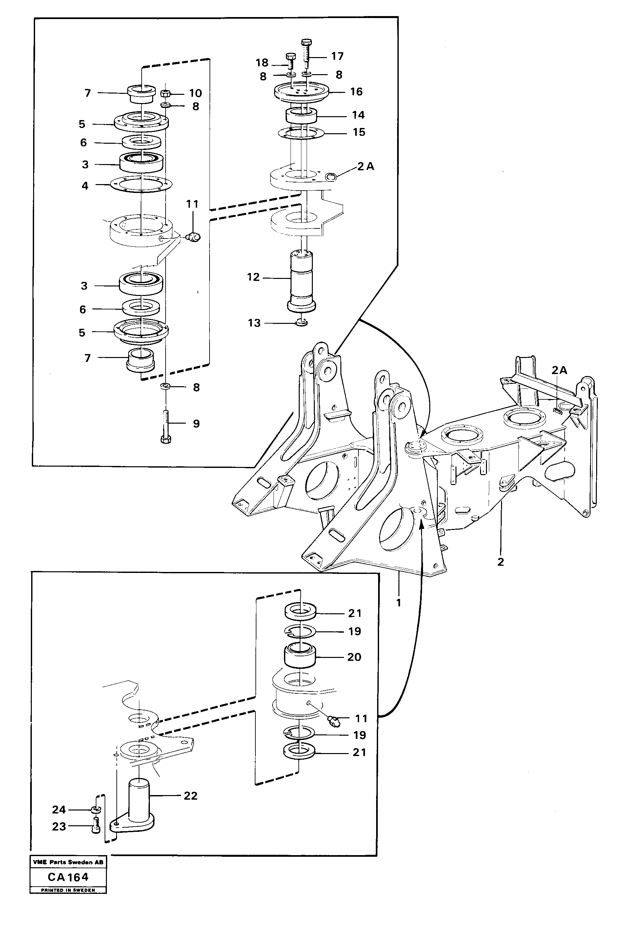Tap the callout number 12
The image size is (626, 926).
pos(253,277)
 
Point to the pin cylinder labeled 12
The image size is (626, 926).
pos(301,279)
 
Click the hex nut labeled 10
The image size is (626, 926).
pos(166,94)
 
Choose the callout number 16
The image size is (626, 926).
pos(356,92)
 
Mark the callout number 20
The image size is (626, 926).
pos(354,657)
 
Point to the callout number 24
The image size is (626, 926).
pos(59,810)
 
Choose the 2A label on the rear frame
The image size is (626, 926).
pos(559,370)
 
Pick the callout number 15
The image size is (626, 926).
pos(359,132)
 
